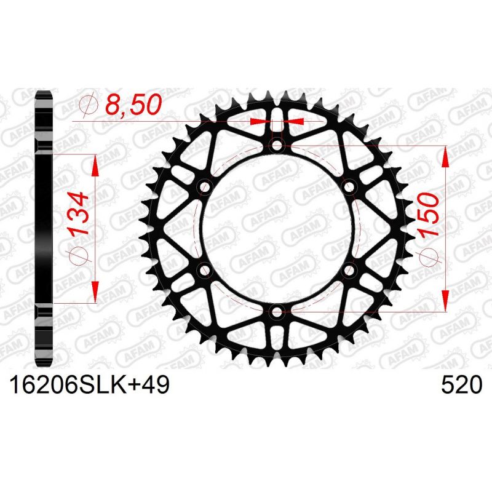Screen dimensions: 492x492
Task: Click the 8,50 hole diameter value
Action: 132,105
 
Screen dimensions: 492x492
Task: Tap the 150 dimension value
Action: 427,214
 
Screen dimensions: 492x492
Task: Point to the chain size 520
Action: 460,386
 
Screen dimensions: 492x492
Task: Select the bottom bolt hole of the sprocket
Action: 277,312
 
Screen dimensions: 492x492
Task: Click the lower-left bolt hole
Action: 204,271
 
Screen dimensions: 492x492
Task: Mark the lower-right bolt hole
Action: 349,271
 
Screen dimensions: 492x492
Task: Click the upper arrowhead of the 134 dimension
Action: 96,162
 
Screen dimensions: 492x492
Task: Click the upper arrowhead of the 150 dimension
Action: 445,156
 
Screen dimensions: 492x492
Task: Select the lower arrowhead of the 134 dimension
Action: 96,294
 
